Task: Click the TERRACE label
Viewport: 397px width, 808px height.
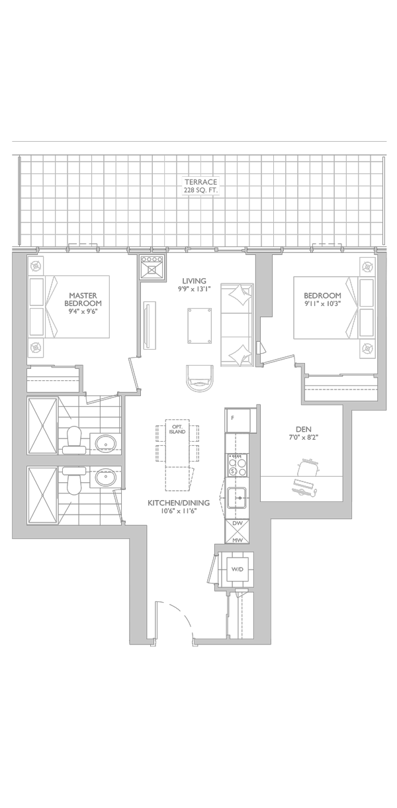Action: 201,181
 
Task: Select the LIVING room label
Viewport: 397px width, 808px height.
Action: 194,281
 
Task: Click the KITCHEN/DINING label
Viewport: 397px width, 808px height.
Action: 178,503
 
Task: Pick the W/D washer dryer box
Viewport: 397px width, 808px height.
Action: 237,569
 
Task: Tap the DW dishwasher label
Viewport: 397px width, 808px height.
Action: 237,524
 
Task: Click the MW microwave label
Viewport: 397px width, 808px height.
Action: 237,540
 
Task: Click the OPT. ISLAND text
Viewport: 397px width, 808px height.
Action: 177,429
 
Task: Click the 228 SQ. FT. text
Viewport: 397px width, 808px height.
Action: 201,190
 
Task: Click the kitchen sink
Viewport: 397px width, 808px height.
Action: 236,497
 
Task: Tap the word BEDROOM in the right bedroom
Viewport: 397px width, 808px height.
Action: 322,295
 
